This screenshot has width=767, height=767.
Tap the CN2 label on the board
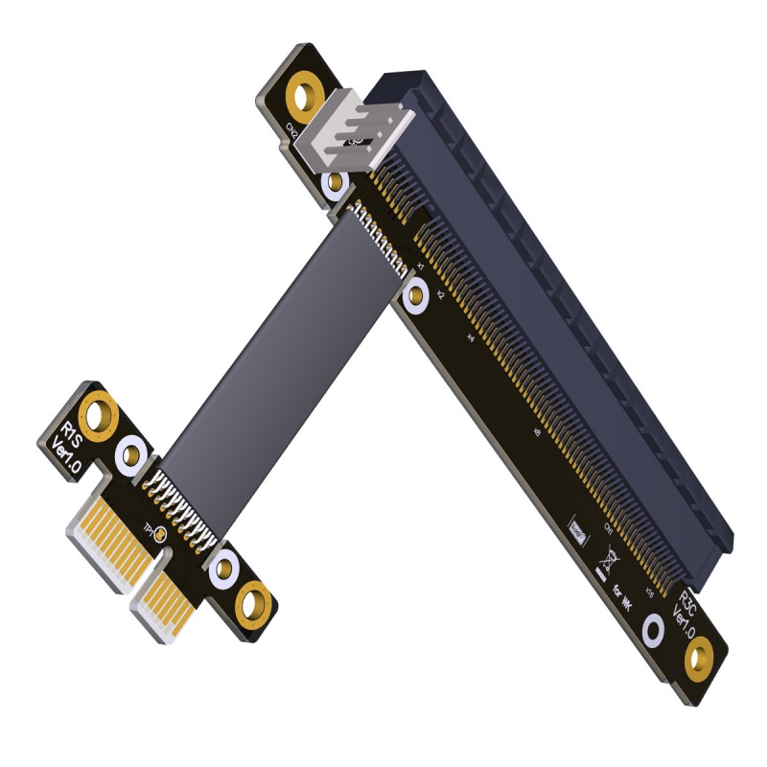(x=291, y=129)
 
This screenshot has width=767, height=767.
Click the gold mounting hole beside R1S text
(x=98, y=416)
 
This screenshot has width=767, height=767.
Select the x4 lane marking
(x=470, y=337)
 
